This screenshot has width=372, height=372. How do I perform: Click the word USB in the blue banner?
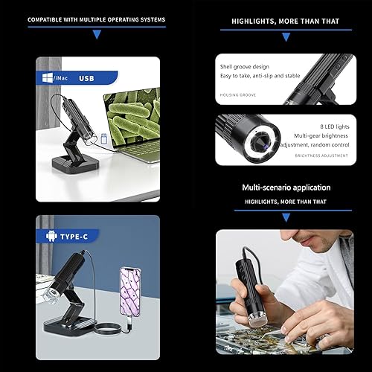click(86, 77)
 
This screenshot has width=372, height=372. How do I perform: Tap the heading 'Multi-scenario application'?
click(286, 187)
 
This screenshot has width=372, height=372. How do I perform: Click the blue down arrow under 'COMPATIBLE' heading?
click(96, 34)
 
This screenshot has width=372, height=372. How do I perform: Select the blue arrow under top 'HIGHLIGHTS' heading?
click(286, 34)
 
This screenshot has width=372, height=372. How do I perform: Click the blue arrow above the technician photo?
click(286, 217)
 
